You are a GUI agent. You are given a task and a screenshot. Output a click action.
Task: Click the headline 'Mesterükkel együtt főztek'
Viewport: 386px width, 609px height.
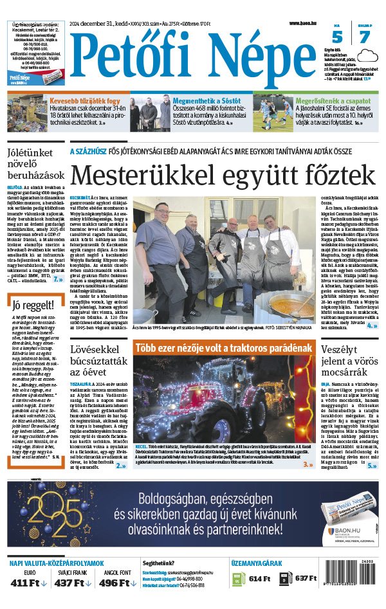(x=222, y=175)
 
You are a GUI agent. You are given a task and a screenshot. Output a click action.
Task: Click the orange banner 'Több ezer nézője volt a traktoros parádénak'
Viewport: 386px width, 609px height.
(x=223, y=348)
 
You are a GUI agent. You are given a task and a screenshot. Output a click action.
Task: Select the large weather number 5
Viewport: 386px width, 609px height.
(x=338, y=37)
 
